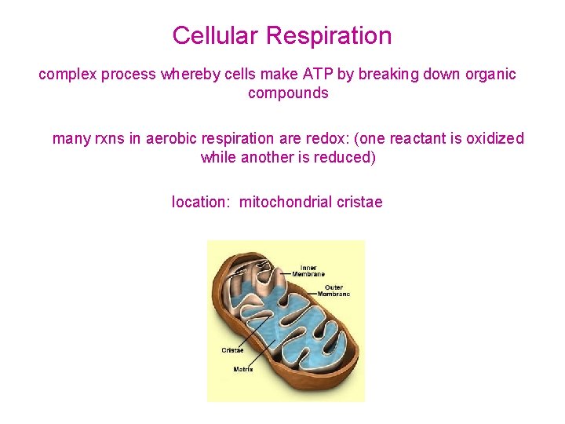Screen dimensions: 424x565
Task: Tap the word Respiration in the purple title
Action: coord(329,36)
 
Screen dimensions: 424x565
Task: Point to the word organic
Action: coord(489,75)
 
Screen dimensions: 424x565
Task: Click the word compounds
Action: coord(288,93)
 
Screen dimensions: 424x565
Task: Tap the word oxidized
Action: coord(495,139)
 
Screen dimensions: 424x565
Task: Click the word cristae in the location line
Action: coord(359,203)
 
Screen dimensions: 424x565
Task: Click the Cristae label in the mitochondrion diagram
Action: coord(232,351)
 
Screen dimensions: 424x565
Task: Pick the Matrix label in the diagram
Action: coord(243,369)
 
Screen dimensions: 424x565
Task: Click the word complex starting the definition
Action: coord(66,75)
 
